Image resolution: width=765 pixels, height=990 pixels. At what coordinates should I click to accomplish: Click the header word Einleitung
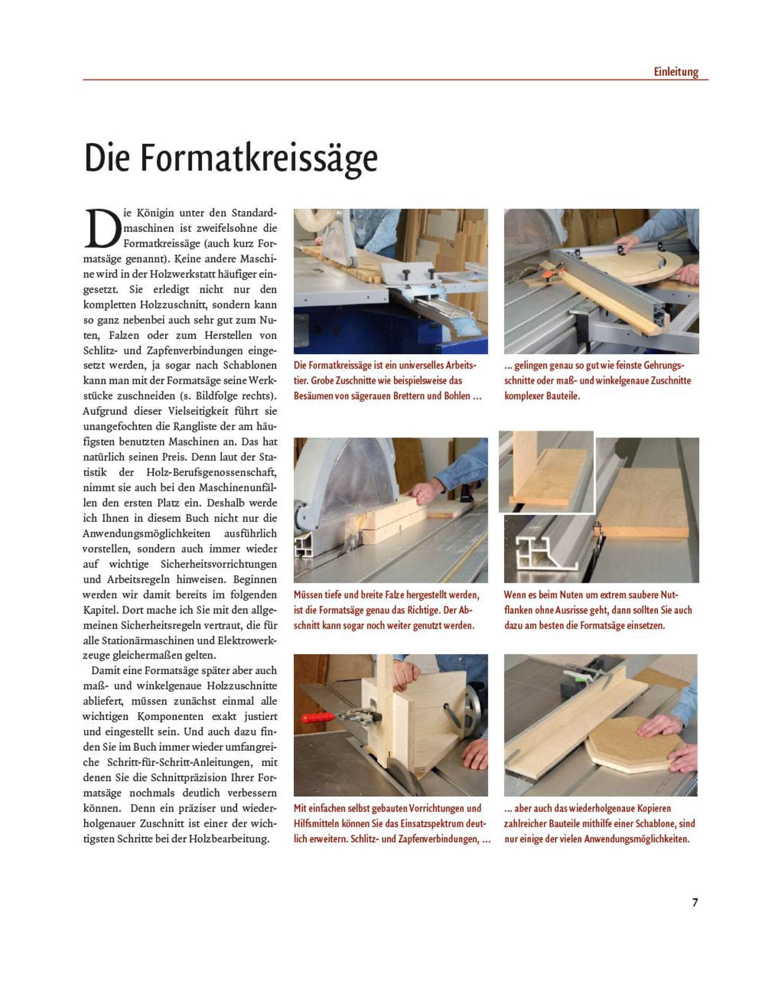pos(676,71)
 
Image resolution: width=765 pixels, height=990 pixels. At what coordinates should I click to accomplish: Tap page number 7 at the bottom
pos(695,903)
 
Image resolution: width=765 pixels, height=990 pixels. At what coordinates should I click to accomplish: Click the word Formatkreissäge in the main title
pos(259,158)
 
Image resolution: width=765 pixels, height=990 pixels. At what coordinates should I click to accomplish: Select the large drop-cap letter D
pos(102,228)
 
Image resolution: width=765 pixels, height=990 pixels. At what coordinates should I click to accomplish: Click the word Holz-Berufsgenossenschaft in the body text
pos(211,472)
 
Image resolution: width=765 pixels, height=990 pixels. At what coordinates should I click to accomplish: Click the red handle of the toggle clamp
pos(318,718)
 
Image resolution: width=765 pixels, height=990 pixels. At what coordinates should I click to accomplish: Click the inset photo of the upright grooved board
pos(546,471)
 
